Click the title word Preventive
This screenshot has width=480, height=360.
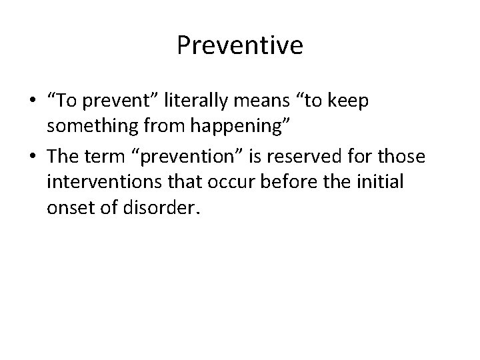[x=240, y=45]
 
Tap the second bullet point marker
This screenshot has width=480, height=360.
[x=32, y=157]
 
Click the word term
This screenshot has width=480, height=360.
[x=105, y=157]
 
